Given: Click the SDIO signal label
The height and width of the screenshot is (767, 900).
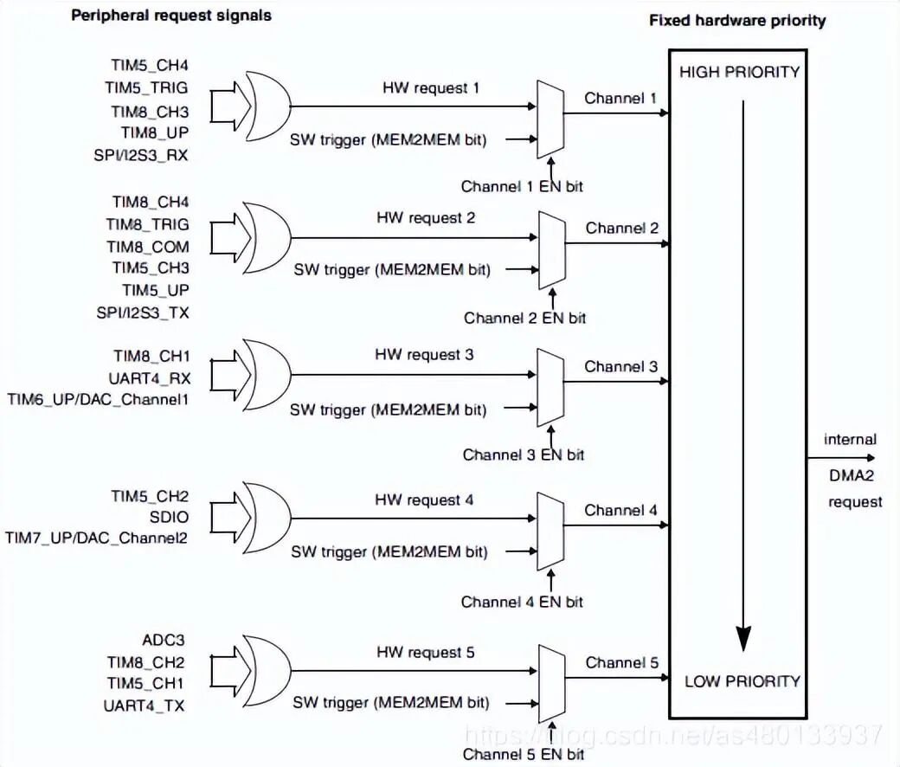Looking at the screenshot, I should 169,518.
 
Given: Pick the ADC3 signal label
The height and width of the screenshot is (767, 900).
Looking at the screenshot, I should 164,641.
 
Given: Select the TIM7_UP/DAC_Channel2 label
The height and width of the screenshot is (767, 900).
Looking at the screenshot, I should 97,538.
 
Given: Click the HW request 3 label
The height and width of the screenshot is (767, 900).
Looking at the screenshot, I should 424,355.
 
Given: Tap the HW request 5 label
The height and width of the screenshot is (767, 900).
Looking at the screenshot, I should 425,653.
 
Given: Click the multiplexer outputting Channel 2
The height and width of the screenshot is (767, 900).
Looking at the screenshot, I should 550,251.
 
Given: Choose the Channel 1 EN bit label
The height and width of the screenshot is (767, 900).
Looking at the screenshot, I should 522,186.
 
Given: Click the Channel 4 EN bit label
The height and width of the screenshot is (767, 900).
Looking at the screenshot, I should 522,602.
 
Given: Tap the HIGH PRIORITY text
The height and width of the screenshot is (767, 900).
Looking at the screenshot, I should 739,72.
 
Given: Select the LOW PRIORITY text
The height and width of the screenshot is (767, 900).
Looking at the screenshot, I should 742,681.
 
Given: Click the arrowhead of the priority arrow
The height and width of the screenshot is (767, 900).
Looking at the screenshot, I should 741,636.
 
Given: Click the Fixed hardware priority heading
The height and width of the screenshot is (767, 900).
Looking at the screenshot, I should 737,20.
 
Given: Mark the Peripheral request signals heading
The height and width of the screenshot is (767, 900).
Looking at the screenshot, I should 170,16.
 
